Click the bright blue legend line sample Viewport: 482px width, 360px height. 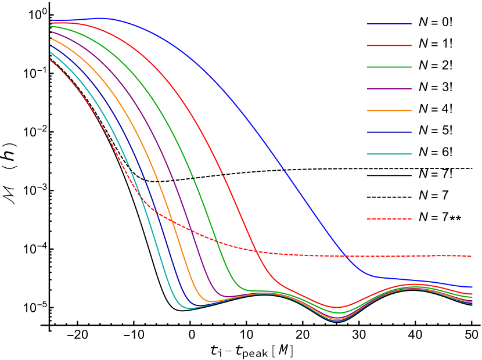(389, 24)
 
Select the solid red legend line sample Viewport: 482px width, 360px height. (389, 45)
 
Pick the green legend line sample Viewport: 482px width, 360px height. (389, 67)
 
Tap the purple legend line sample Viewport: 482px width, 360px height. (389, 89)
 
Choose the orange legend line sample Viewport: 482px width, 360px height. (389, 110)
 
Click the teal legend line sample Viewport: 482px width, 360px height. (389, 154)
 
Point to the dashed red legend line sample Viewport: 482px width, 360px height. (389, 219)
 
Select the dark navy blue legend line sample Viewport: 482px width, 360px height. (389, 132)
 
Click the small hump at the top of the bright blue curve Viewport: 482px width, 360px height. (102, 18)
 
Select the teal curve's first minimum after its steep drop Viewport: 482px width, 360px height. (189, 308)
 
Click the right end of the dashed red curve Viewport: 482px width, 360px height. (472, 256)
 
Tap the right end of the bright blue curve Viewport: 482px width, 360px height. (472, 287)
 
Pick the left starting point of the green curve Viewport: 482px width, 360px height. (51, 26)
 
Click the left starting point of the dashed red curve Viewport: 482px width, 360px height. (51, 59)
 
